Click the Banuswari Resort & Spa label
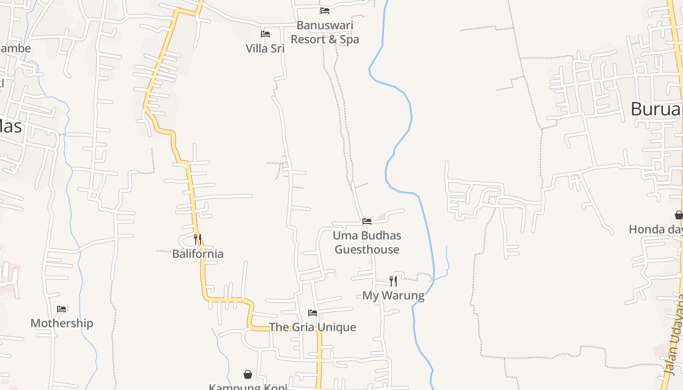point(325,32)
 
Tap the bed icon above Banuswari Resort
point(325,11)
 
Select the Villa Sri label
point(265,48)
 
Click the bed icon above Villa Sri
point(265,34)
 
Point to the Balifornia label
point(198,253)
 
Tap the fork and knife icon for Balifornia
point(198,239)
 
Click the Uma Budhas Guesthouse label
point(367,242)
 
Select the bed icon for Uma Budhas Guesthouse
point(367,221)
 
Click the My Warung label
point(393,295)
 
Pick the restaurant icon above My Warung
point(393,281)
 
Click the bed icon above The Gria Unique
point(313,313)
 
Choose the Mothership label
point(61,323)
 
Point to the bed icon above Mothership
point(61,309)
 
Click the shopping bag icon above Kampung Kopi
point(248,374)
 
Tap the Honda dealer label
point(655,229)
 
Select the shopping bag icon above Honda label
point(679,215)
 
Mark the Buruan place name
point(656,109)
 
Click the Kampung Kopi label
point(248,387)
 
